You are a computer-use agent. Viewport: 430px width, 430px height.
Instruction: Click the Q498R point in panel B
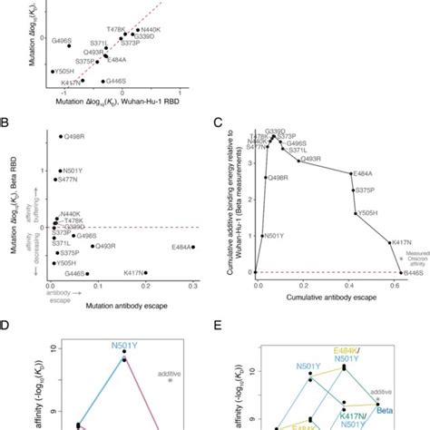click(x=60, y=137)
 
